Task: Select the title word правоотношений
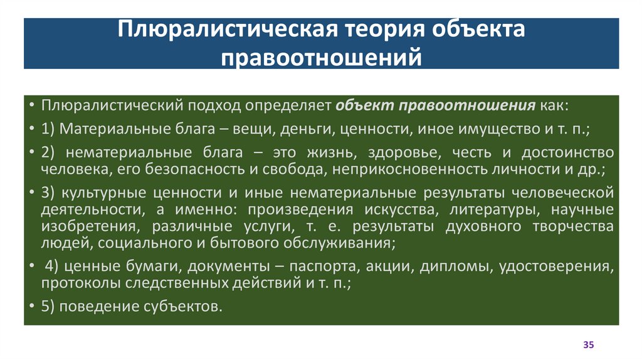point(321,57)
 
